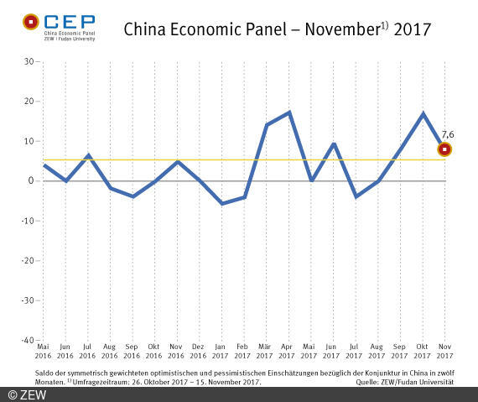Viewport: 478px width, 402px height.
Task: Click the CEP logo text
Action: coord(70,20)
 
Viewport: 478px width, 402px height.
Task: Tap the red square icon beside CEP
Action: coord(30,20)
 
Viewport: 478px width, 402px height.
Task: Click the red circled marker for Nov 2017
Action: coord(444,149)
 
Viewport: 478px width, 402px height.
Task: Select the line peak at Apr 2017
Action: coord(289,112)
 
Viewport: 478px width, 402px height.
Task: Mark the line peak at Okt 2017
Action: coord(423,113)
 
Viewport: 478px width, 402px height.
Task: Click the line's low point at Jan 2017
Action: coord(222,203)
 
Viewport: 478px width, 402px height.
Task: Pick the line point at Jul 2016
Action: coord(89,155)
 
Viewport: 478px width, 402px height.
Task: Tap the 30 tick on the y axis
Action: coord(28,62)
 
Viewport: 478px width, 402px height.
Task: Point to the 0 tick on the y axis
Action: coord(30,181)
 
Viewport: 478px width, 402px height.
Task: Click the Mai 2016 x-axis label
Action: coord(44,350)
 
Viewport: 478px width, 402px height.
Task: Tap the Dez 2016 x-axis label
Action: coord(200,350)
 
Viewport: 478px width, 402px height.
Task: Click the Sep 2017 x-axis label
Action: coord(400,350)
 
